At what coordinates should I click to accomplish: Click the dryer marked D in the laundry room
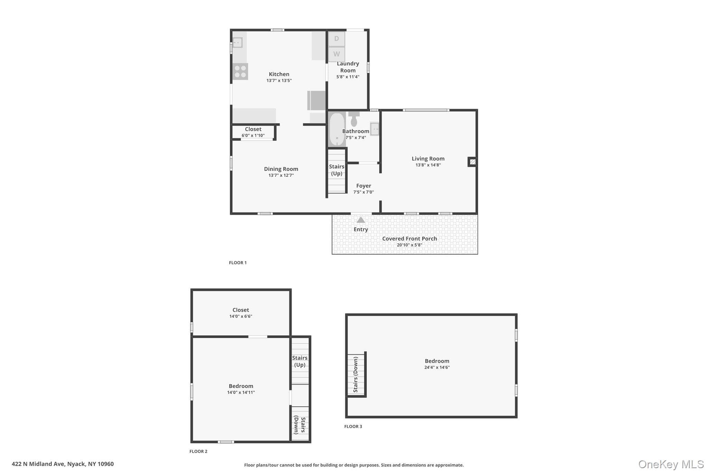(336, 39)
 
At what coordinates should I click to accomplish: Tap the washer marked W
(336, 54)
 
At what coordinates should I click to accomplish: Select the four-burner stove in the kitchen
(240, 72)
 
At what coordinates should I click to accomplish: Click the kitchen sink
(237, 43)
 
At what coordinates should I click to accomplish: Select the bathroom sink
(375, 129)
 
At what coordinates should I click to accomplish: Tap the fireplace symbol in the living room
(473, 161)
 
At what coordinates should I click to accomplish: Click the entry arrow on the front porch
(361, 220)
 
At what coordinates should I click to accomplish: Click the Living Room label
(428, 159)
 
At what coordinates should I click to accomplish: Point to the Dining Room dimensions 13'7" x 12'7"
(281, 175)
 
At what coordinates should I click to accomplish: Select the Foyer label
(364, 186)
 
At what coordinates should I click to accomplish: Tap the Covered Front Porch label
(410, 239)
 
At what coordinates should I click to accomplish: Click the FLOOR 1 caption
(238, 263)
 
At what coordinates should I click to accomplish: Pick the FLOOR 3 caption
(353, 426)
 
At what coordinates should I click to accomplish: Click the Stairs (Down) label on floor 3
(355, 374)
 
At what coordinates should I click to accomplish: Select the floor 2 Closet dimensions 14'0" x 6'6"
(241, 316)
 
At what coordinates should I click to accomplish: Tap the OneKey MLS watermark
(671, 464)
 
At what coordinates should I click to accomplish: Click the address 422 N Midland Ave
(38, 464)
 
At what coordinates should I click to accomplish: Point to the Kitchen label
(279, 74)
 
